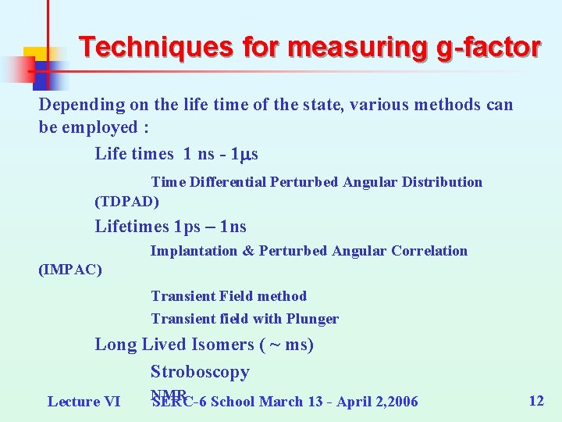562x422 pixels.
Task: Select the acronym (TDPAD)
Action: click(x=126, y=202)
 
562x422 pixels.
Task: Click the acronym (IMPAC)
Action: click(x=70, y=270)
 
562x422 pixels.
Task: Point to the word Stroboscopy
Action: click(x=200, y=372)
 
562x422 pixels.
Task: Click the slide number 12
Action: click(x=536, y=401)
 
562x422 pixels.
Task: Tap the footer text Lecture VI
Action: click(x=84, y=402)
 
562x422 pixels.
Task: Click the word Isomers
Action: click(x=227, y=345)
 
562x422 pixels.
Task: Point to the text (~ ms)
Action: click(x=289, y=345)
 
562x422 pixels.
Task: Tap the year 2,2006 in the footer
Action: click(x=390, y=402)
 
